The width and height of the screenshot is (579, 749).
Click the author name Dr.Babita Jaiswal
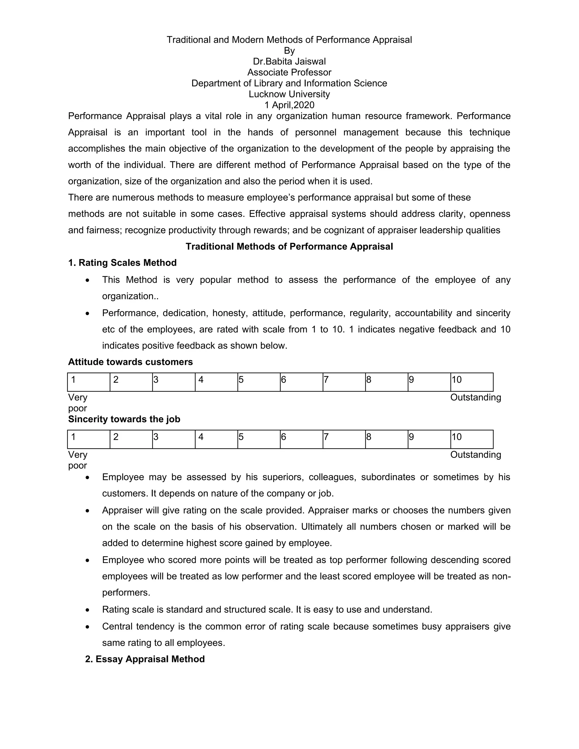pyautogui.click(x=289, y=61)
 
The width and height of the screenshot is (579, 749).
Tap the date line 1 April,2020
pyautogui.click(x=289, y=105)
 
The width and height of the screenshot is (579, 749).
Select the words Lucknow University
pyautogui.click(x=289, y=94)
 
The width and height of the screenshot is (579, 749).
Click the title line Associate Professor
pyautogui.click(x=289, y=72)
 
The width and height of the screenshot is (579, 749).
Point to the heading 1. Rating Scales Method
pyautogui.click(x=122, y=263)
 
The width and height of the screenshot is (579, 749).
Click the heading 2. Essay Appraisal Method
pyautogui.click(x=145, y=659)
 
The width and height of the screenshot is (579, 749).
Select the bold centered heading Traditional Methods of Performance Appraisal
pyautogui.click(x=289, y=246)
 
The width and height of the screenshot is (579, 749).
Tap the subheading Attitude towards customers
pyautogui.click(x=130, y=362)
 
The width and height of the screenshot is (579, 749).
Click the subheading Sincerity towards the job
pyautogui.click(x=124, y=419)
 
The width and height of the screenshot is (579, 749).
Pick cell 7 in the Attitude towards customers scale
pyautogui.click(x=344, y=382)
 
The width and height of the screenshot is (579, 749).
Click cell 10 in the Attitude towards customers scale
pyautogui.click(x=472, y=382)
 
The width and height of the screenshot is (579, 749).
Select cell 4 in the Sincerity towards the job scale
pyautogui.click(x=216, y=439)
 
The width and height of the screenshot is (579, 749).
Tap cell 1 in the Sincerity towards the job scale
pyautogui.click(x=88, y=439)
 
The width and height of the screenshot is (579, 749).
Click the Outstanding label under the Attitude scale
pyautogui.click(x=476, y=397)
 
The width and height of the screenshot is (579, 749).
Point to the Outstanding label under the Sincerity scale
pyautogui.click(x=476, y=455)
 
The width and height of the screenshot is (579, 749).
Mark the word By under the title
pyautogui.click(x=289, y=51)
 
